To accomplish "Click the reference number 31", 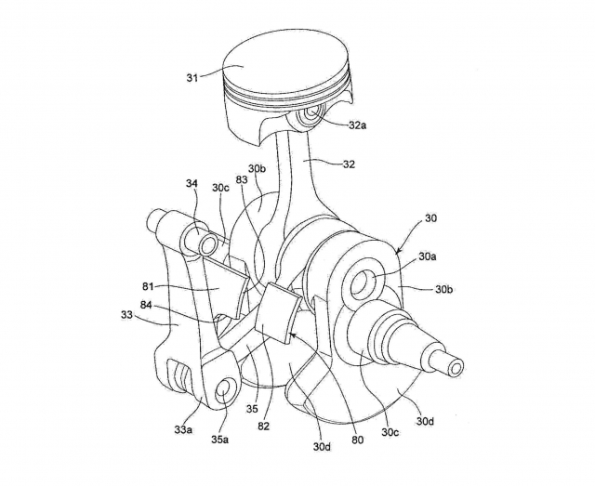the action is pos(192,78).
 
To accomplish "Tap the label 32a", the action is pos(357,125).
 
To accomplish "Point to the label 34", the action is pos(192,184).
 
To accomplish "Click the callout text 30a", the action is pos(428,256).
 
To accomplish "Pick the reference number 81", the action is pos(149,287).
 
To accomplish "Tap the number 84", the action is pos(147,305).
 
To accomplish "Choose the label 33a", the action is pos(183,430).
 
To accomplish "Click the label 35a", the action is pos(219,440).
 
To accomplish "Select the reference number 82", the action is pos(263,427).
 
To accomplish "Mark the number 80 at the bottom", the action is pos(357,440).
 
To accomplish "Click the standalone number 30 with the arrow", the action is pos(430,218).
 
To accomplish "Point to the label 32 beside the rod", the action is pos(349,164).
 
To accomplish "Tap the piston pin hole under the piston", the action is pos(315,111).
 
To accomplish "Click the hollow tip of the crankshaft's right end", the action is pos(456,367).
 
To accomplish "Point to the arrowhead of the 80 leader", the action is pos(291,335).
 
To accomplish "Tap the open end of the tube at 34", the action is pos(208,246).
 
